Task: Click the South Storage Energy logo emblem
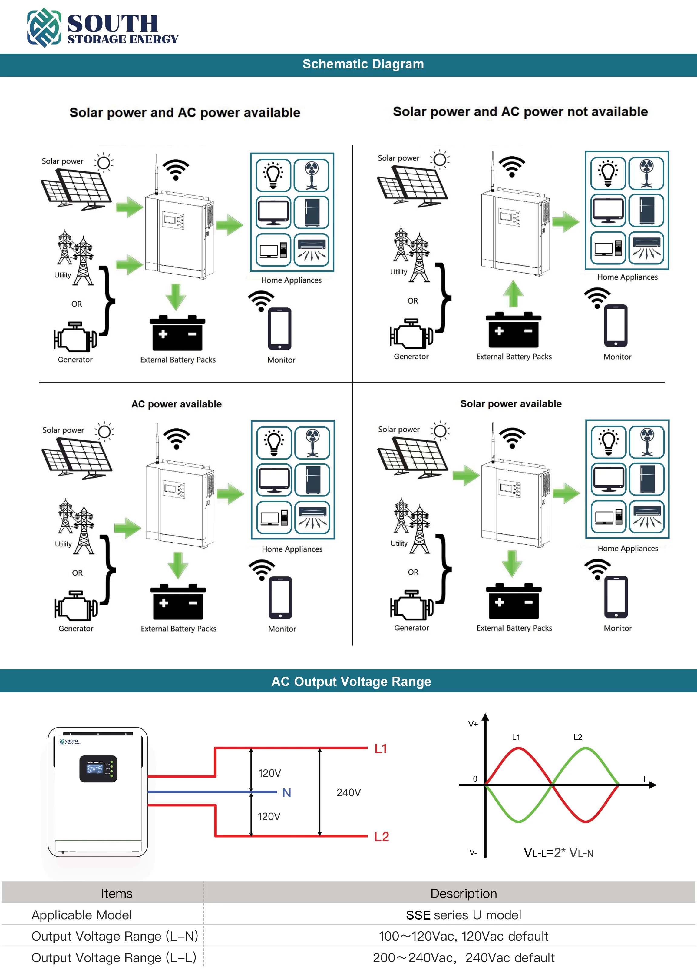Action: (44, 27)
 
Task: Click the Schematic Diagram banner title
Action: (363, 64)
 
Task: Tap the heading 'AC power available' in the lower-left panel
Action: (177, 404)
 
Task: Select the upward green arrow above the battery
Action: (513, 294)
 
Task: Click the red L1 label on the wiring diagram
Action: (381, 748)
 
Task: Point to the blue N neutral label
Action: (286, 793)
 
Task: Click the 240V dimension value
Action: (348, 792)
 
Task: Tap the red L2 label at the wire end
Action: (382, 837)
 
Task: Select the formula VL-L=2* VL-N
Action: (558, 853)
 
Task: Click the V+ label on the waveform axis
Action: (473, 724)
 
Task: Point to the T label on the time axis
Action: (644, 778)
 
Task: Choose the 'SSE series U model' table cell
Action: (463, 915)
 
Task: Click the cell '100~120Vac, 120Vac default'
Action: (463, 936)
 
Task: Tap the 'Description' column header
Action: (463, 893)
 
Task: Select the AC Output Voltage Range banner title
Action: (351, 682)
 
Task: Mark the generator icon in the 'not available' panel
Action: (411, 333)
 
